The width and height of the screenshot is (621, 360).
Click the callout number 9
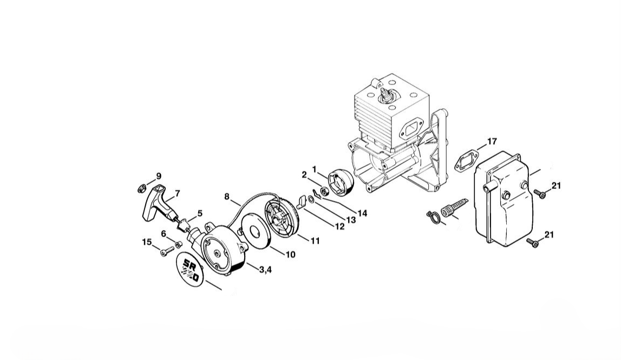pos(159,176)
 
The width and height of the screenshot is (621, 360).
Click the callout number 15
pos(147,241)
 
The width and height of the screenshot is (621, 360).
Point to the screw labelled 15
pos(167,250)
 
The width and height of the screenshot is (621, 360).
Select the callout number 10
pos(290,254)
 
